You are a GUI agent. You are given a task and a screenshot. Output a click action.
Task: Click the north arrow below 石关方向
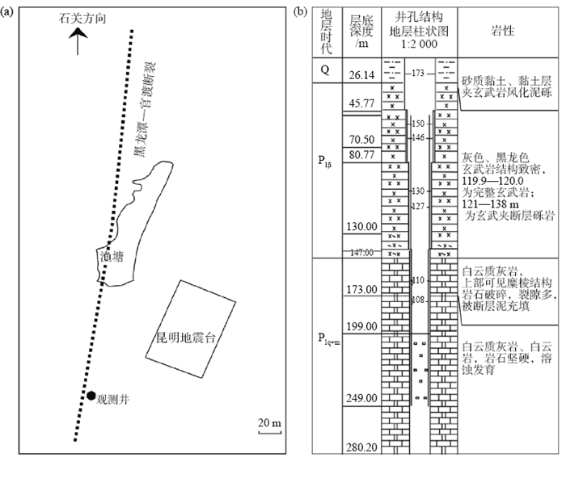tap(77, 41)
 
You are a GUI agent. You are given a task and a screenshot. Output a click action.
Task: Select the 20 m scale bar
tap(268, 426)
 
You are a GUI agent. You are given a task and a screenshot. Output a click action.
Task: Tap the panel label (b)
tap(299, 11)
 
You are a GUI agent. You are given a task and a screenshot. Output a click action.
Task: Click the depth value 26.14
tap(361, 76)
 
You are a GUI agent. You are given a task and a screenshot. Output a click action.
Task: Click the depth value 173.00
tap(361, 289)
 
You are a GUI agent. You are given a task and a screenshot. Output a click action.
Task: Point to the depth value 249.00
tap(361, 398)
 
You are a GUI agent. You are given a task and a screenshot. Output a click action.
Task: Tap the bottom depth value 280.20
tap(361, 447)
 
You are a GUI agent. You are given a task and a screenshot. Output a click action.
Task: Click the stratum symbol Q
tap(325, 69)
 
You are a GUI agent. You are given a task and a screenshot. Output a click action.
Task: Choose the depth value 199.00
tap(361, 325)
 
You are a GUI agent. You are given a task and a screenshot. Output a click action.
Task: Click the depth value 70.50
tap(361, 139)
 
